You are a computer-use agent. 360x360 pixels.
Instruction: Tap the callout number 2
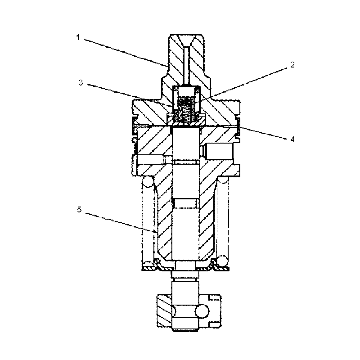click(292, 65)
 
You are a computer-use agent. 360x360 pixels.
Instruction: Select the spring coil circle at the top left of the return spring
click(148, 183)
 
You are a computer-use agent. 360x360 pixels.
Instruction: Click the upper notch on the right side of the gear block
click(216, 298)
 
